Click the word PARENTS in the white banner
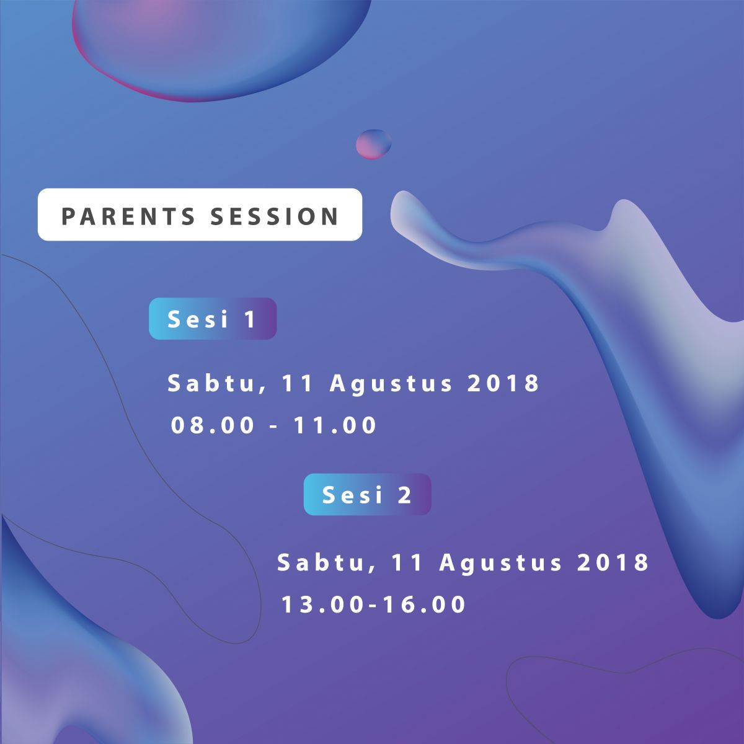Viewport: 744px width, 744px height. click(x=128, y=216)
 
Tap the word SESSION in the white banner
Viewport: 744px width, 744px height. click(x=275, y=216)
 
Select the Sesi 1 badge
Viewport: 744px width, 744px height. click(x=213, y=319)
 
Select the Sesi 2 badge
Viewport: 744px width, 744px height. click(x=367, y=494)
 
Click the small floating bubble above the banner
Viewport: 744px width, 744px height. click(x=373, y=144)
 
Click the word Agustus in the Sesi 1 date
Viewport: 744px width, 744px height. click(x=391, y=384)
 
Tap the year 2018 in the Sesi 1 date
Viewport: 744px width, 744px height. click(x=503, y=383)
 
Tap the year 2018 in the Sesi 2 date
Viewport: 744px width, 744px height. click(x=613, y=562)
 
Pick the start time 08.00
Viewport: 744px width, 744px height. click(x=213, y=425)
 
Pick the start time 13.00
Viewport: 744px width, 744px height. click(x=322, y=604)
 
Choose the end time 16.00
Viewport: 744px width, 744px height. click(x=425, y=604)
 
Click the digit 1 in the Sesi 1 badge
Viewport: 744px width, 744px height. click(x=250, y=319)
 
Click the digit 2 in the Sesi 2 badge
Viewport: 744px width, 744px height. click(x=405, y=495)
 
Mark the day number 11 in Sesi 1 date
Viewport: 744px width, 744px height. click(x=297, y=383)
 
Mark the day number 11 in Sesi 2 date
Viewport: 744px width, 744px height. click(x=407, y=562)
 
